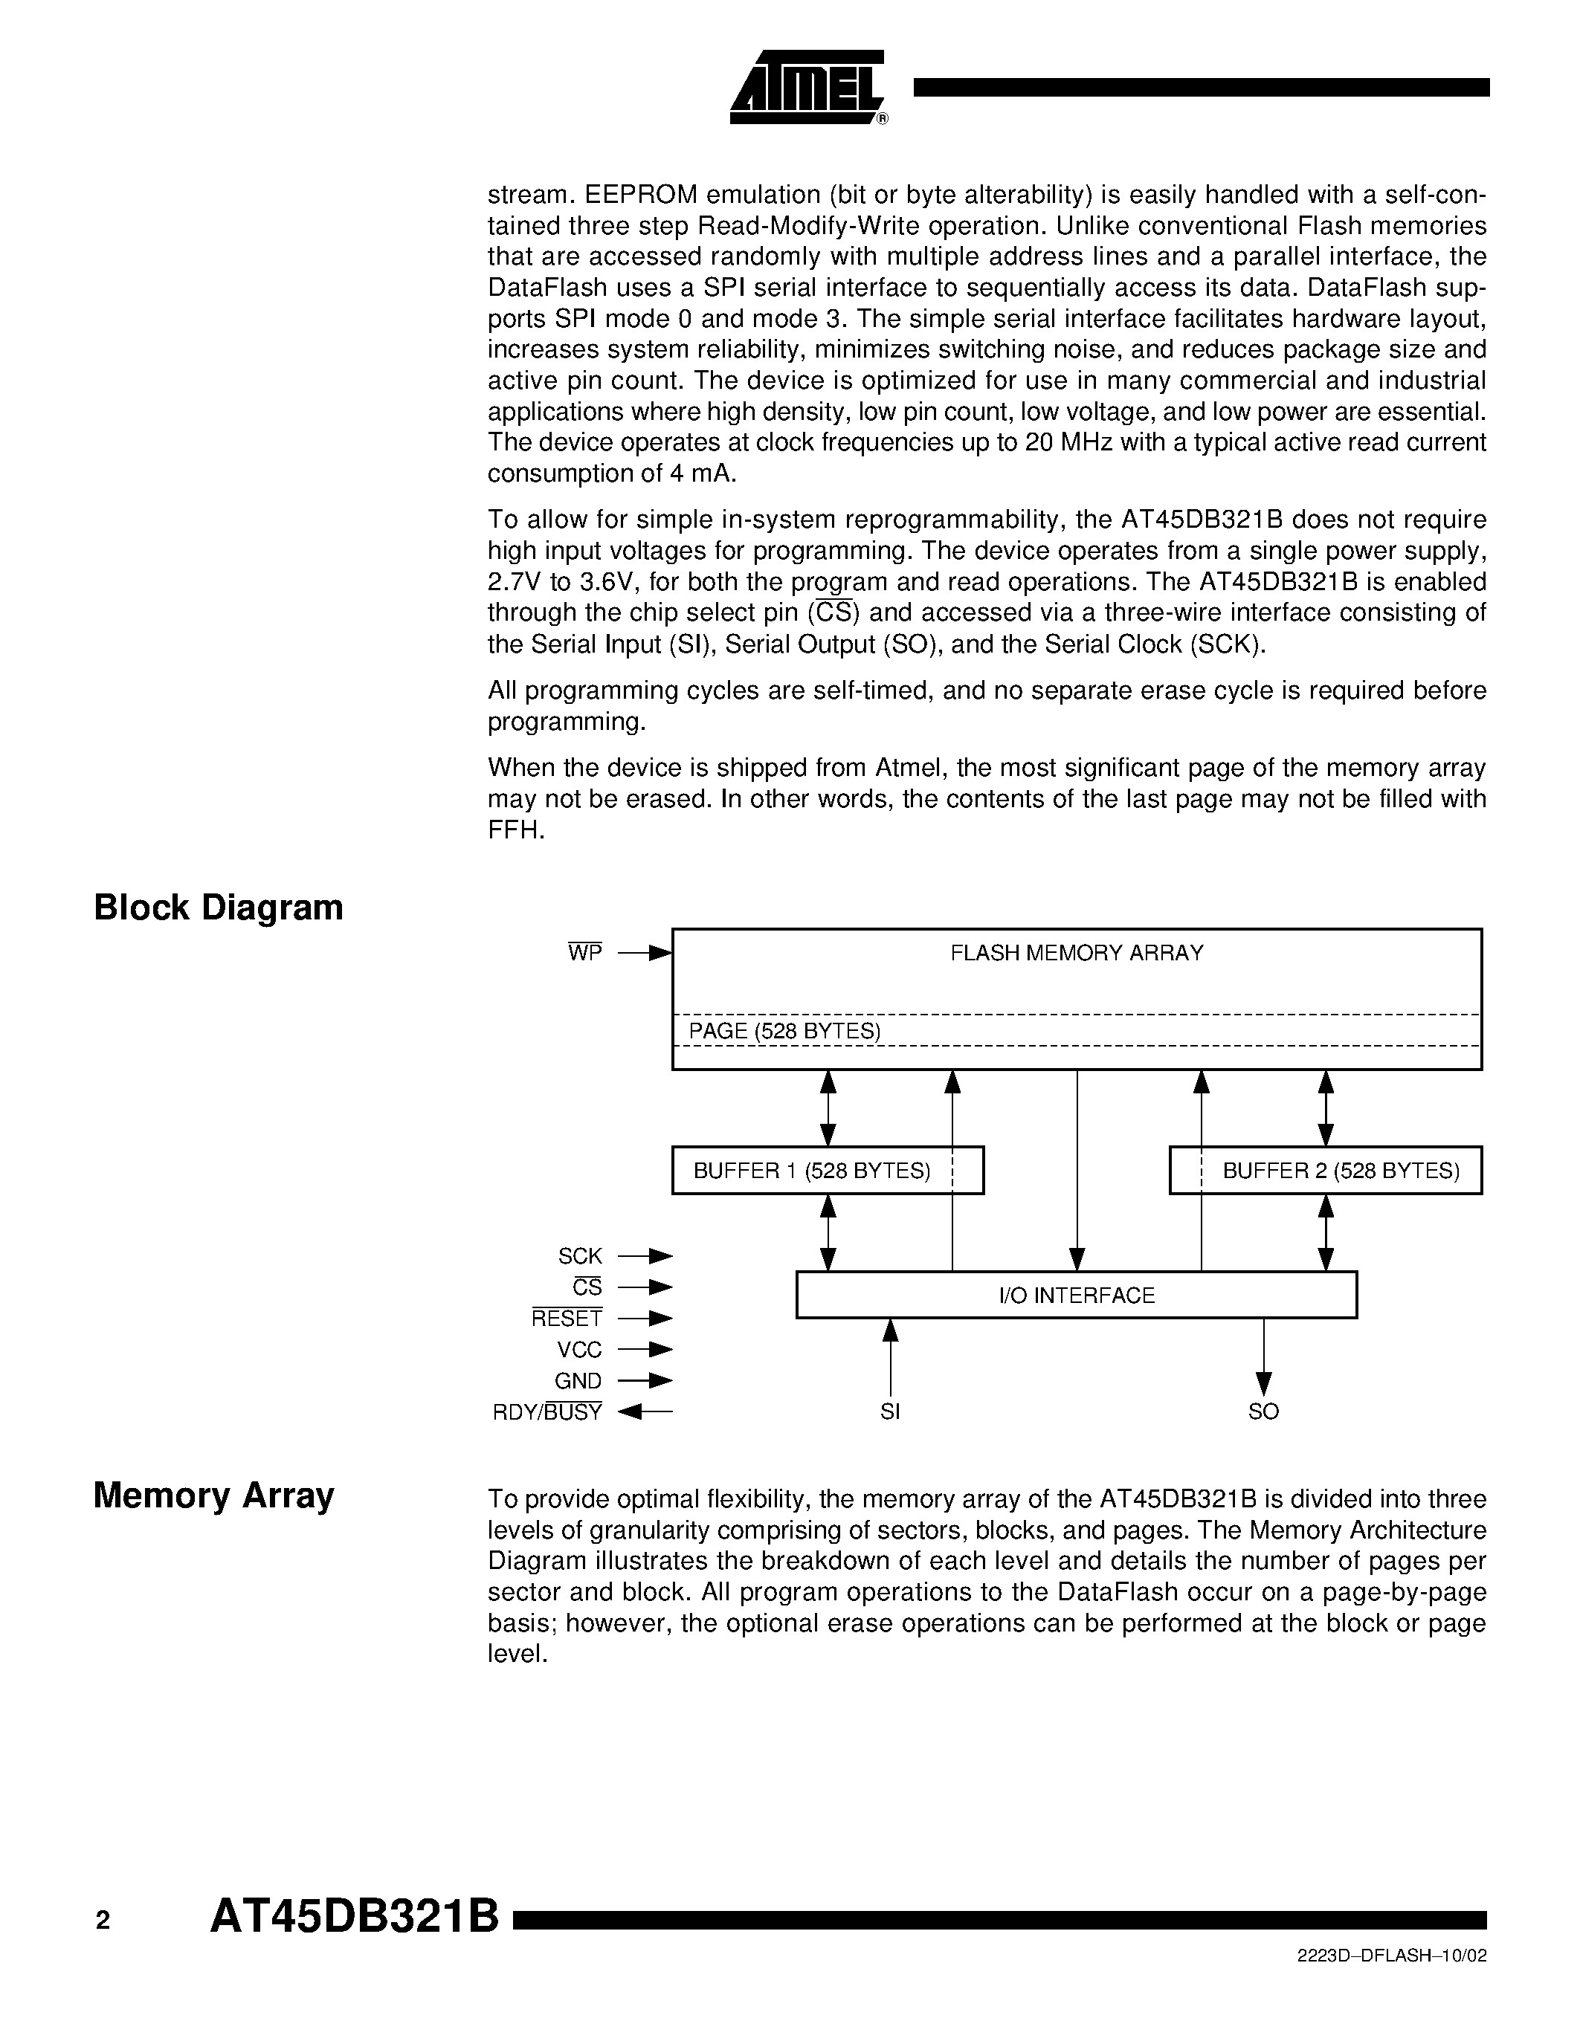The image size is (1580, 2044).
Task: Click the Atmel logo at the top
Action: tap(807, 87)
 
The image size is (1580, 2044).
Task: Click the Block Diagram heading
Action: tap(218, 908)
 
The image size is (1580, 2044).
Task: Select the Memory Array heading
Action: tap(213, 1495)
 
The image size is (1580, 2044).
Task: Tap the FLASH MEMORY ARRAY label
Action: tap(1077, 953)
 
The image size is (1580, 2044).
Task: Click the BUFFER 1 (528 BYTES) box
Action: tap(828, 1171)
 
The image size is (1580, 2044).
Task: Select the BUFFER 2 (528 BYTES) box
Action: tap(1326, 1171)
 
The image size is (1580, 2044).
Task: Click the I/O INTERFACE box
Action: tap(1077, 1296)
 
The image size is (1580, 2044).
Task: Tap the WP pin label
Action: tap(585, 954)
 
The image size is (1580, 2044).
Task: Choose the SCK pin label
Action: tap(581, 1256)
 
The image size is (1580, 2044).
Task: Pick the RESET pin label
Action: tap(567, 1319)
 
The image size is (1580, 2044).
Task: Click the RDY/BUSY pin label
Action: tap(547, 1412)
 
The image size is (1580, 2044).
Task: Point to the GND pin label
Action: tap(578, 1380)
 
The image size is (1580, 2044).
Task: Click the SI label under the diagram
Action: tap(890, 1412)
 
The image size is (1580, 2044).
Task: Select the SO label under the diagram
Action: tap(1263, 1412)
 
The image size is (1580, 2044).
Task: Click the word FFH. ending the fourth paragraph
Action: tap(516, 830)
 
